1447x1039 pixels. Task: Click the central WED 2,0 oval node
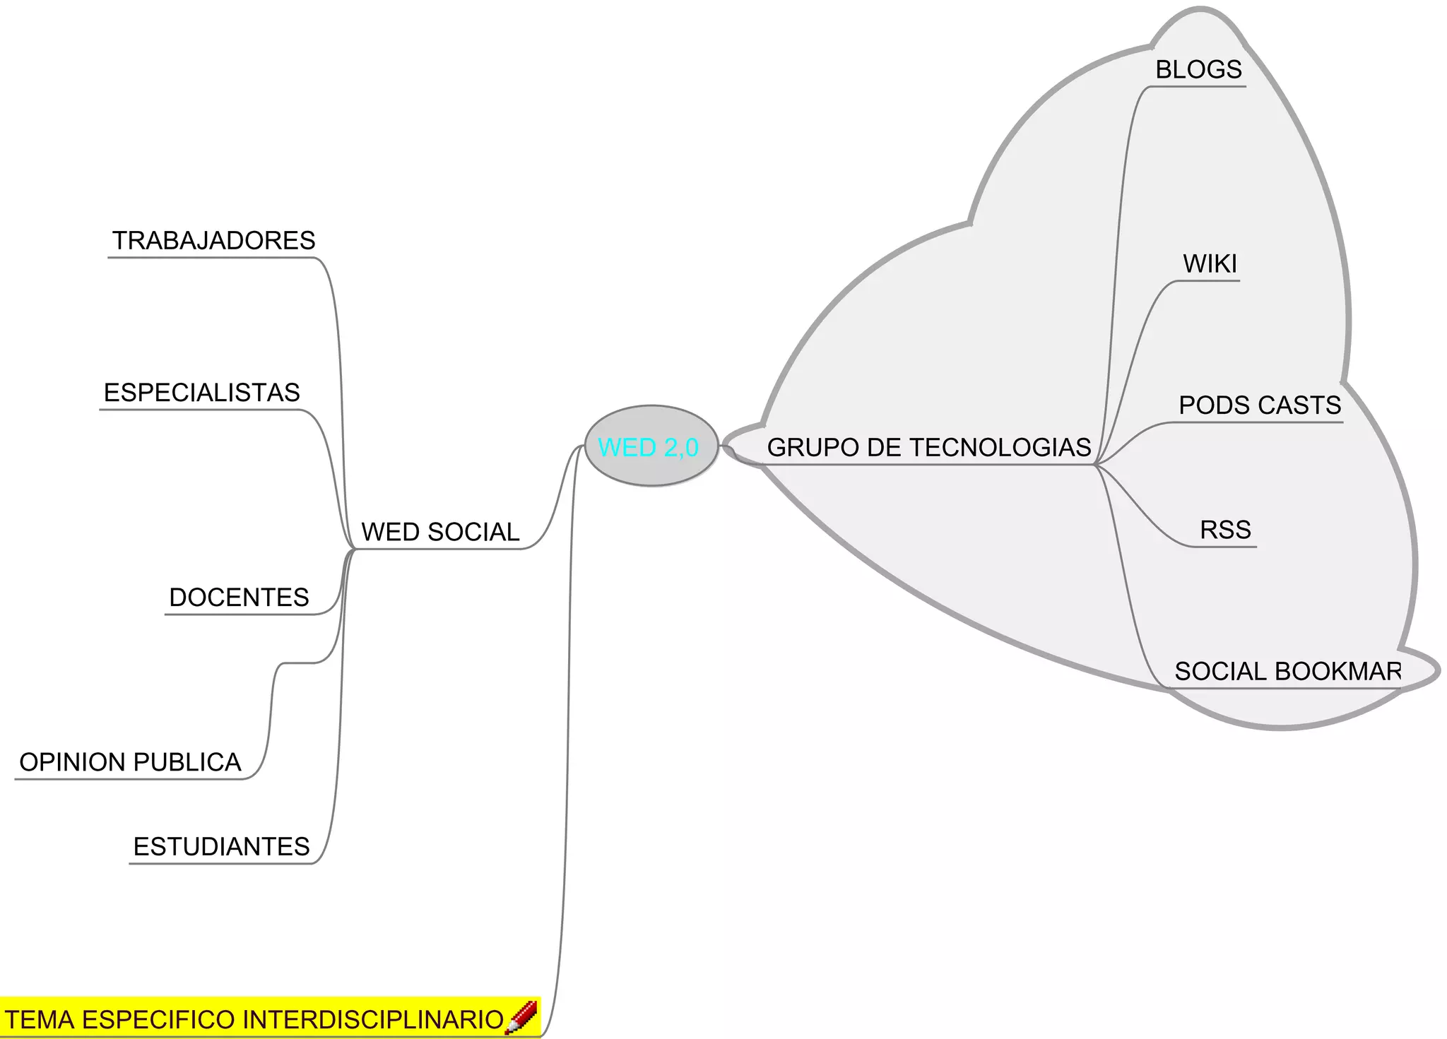click(x=651, y=446)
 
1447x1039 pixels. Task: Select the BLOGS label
click(x=1198, y=70)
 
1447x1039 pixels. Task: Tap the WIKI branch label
click(x=1210, y=264)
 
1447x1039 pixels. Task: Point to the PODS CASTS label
click(x=1260, y=405)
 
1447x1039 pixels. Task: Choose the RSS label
click(x=1225, y=530)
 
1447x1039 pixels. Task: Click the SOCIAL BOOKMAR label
click(x=1287, y=671)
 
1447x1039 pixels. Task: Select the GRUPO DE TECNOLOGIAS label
click(x=928, y=448)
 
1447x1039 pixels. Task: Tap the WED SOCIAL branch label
click(x=440, y=532)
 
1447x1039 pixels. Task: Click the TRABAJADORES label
click(x=213, y=241)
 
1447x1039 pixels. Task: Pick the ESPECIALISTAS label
click(x=202, y=393)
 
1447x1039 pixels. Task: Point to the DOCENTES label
click(x=239, y=598)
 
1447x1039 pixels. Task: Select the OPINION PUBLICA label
click(x=130, y=762)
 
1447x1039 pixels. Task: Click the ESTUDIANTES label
click(x=221, y=846)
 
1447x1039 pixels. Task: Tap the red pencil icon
click(x=521, y=1018)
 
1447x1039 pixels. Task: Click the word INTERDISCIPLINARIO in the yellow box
click(x=373, y=1020)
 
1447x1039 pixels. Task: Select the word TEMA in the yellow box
click(x=40, y=1020)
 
